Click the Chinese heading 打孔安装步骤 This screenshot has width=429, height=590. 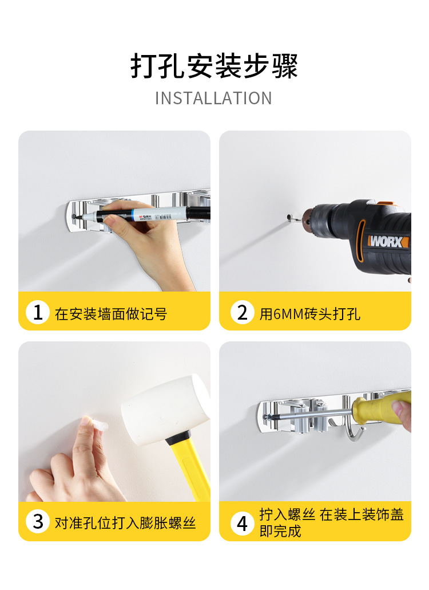point(214,66)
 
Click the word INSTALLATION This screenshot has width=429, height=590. point(213,99)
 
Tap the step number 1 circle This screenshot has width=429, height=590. point(38,312)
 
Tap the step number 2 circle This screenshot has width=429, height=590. point(243,312)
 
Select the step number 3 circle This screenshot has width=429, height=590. point(38,521)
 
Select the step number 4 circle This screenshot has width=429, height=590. point(243,522)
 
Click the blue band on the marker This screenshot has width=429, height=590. point(133,216)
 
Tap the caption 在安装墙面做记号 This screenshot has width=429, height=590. point(111,314)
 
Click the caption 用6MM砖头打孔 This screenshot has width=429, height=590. point(310,314)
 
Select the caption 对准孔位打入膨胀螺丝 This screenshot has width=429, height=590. point(125,523)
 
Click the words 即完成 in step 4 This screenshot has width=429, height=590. point(280,531)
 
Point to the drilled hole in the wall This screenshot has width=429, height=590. point(289,217)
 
